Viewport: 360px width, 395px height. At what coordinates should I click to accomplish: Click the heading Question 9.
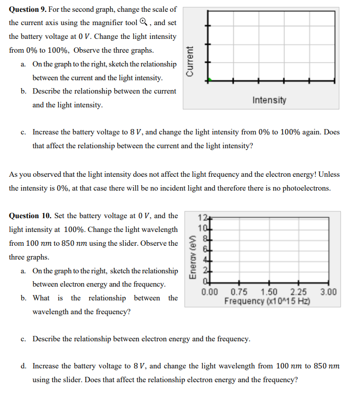(29, 9)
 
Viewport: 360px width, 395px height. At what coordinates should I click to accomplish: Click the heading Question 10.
(31, 216)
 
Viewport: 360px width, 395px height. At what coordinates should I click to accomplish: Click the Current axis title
(190, 61)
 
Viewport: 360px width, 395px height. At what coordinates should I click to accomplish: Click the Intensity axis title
(269, 100)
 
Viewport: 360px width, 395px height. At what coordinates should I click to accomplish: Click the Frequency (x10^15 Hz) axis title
(266, 301)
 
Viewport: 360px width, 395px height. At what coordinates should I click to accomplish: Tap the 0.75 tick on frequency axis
(239, 292)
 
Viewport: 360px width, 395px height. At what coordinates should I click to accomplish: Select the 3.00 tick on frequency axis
(328, 292)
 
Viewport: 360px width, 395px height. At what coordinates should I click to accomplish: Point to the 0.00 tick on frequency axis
(209, 292)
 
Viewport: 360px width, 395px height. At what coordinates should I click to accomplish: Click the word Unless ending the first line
(328, 174)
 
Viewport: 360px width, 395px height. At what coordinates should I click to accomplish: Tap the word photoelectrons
(307, 188)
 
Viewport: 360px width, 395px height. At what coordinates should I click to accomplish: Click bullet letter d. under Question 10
(24, 366)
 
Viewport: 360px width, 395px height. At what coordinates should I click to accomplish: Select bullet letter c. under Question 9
(24, 132)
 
